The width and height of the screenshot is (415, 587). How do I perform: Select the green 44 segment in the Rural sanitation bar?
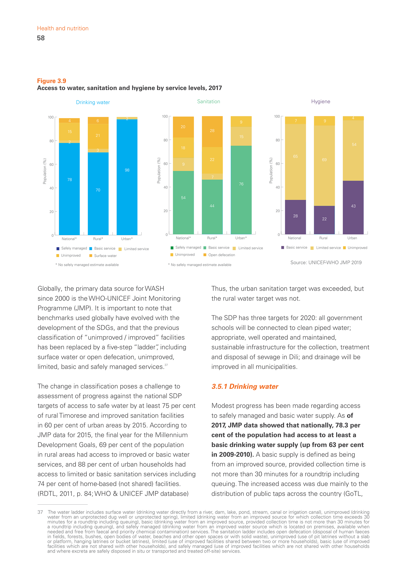tap(212, 207)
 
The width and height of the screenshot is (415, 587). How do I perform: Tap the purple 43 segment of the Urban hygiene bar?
tap(353, 207)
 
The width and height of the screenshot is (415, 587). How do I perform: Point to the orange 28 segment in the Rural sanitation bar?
tap(212, 131)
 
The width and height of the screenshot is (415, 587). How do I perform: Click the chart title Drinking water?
tap(93, 102)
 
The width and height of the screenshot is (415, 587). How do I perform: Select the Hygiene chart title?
tap(321, 102)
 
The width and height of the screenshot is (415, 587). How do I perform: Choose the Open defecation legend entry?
tap(221, 255)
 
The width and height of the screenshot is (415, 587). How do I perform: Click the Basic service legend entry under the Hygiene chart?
tap(296, 247)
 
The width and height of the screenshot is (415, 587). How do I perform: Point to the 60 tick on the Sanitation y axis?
tap(166, 164)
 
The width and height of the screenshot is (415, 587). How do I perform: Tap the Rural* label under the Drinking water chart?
tap(98, 239)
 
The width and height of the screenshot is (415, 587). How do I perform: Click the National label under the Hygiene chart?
tap(294, 238)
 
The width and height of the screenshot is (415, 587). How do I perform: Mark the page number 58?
tap(41, 38)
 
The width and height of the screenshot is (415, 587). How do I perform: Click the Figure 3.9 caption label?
tap(52, 81)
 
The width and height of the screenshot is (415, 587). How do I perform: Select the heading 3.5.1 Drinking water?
tap(245, 386)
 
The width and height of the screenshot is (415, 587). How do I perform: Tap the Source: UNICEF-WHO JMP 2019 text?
tap(326, 262)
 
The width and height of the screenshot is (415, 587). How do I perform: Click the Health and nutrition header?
tap(63, 28)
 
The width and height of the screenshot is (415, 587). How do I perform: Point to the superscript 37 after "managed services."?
tap(166, 365)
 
